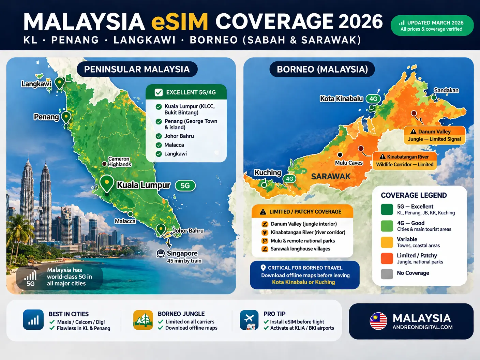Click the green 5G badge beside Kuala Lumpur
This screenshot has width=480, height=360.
(185, 185)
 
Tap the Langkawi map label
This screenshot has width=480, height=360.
(36, 84)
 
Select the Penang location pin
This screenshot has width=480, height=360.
(66, 117)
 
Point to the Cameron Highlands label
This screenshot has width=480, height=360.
(119, 162)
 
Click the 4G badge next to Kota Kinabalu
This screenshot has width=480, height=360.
(373, 99)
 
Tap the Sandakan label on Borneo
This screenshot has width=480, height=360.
(446, 90)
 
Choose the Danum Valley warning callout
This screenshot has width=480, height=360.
(434, 135)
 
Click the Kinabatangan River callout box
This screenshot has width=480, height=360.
(404, 161)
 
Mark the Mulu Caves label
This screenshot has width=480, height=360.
(349, 163)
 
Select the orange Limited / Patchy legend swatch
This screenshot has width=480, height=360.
(387, 258)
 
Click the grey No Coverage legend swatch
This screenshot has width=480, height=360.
(387, 273)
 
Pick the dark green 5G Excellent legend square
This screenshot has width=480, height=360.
(387, 209)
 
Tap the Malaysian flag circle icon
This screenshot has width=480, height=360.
(378, 321)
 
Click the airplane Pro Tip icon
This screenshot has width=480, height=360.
(249, 320)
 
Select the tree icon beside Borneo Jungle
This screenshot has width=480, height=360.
(143, 320)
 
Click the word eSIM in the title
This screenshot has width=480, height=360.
(179, 22)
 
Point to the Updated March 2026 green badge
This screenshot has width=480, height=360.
(432, 26)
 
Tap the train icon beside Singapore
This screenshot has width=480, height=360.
(161, 253)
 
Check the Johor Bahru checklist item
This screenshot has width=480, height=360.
(179, 136)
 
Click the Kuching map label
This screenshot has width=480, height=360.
(268, 172)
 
